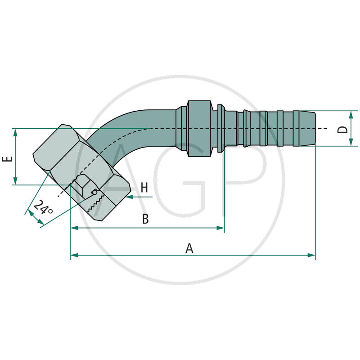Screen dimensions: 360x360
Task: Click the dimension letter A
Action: click(189, 248)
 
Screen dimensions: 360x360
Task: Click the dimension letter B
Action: click(145, 219)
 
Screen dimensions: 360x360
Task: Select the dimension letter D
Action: click(343, 129)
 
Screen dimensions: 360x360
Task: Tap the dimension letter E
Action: click(7, 160)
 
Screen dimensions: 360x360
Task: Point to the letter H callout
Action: click(144, 188)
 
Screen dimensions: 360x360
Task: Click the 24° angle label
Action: click(43, 207)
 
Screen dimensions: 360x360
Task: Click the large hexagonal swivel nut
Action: click(58, 151)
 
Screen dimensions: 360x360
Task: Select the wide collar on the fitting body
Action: click(198, 129)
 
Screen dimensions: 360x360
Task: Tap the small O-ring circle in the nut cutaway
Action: click(95, 192)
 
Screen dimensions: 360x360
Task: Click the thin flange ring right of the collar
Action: click(220, 128)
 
